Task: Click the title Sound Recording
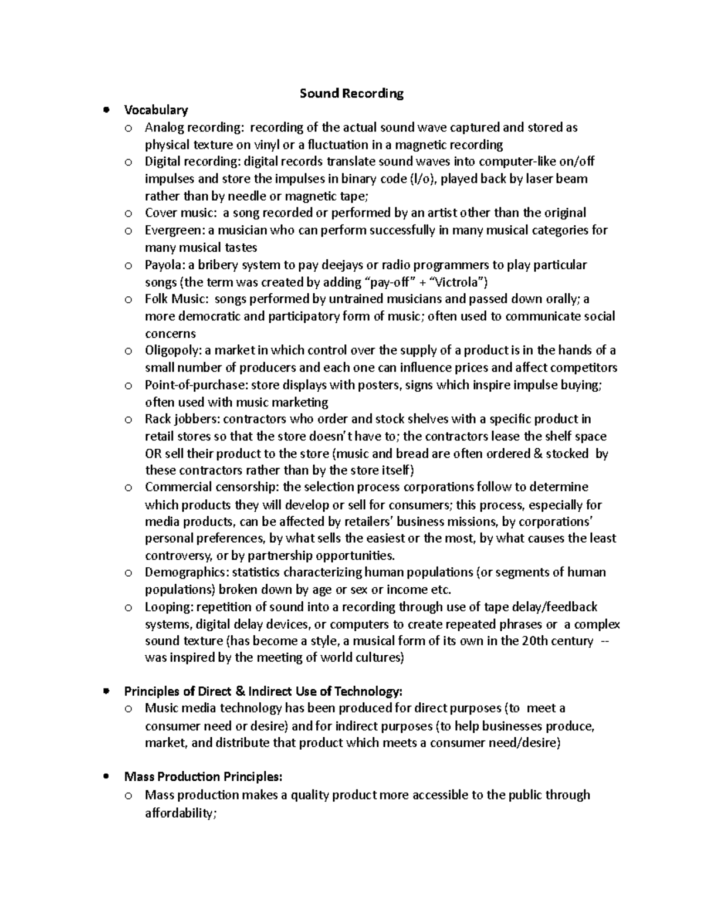351,93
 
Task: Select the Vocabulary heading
156,110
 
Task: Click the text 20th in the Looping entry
534,641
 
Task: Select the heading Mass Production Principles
203,777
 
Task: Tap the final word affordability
181,813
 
